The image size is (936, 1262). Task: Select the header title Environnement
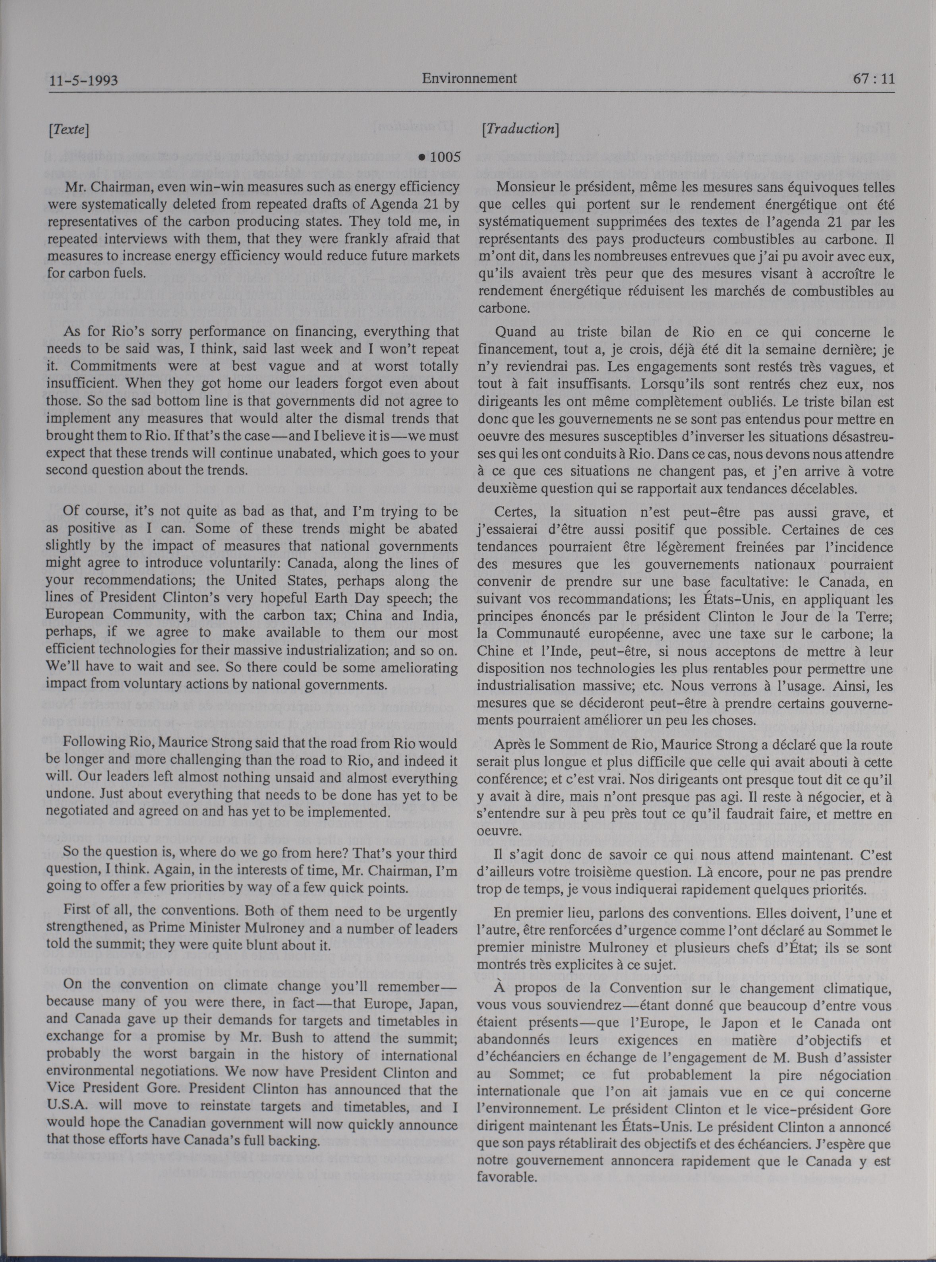[469, 78]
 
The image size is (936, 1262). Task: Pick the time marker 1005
[445, 157]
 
